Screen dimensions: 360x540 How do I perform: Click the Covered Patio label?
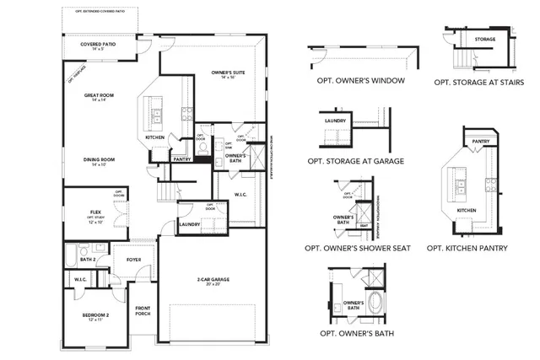[x=98, y=45]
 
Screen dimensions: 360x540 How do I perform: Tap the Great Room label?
[x=99, y=96]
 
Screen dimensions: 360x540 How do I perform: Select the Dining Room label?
[x=99, y=159]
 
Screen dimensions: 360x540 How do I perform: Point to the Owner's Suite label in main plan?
[x=227, y=74]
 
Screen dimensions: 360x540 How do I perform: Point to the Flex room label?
[x=95, y=212]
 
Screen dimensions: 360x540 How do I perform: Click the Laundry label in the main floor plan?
[x=187, y=223]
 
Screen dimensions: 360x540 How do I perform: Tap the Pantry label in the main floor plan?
[x=181, y=158]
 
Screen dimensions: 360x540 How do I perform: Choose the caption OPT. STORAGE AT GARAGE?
[x=355, y=159]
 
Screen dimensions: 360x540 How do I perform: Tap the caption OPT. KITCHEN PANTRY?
[x=470, y=249]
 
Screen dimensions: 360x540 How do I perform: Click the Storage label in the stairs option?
[x=485, y=39]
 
